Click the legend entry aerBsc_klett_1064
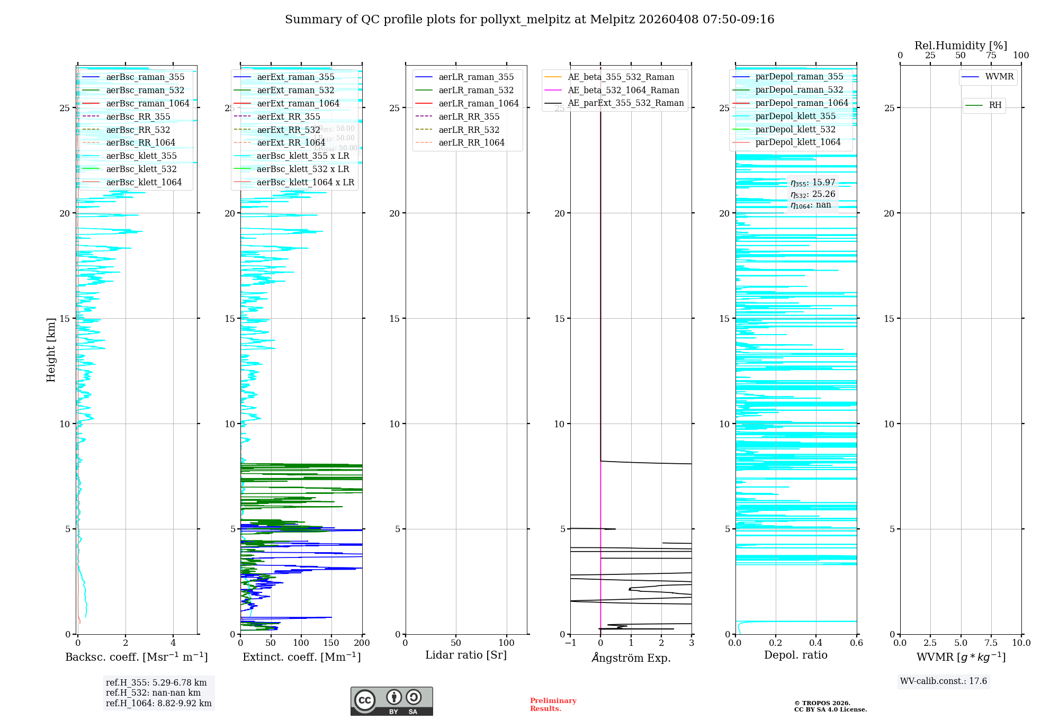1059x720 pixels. (x=143, y=182)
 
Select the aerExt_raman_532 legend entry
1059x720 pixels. (x=295, y=90)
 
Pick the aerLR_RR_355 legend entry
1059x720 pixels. (x=469, y=116)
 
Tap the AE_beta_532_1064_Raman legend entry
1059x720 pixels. (x=623, y=90)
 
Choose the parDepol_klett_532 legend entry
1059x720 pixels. (x=795, y=129)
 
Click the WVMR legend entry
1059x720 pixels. (x=999, y=77)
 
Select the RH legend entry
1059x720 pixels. (x=995, y=105)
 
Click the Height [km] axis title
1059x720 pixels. (x=51, y=350)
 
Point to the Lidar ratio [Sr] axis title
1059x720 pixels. (x=466, y=655)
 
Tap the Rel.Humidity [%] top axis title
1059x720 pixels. (x=961, y=46)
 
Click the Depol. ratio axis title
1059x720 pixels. (x=795, y=655)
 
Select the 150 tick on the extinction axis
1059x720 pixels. (x=331, y=643)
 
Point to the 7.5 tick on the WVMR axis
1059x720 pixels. (x=991, y=643)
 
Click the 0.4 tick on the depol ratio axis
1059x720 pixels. (x=816, y=643)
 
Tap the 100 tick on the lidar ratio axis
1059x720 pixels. (x=507, y=643)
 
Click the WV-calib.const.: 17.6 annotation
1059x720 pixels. (x=944, y=681)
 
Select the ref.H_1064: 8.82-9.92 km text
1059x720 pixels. (x=158, y=704)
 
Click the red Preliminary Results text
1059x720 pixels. (x=553, y=705)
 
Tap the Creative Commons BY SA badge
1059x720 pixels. (x=391, y=701)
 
